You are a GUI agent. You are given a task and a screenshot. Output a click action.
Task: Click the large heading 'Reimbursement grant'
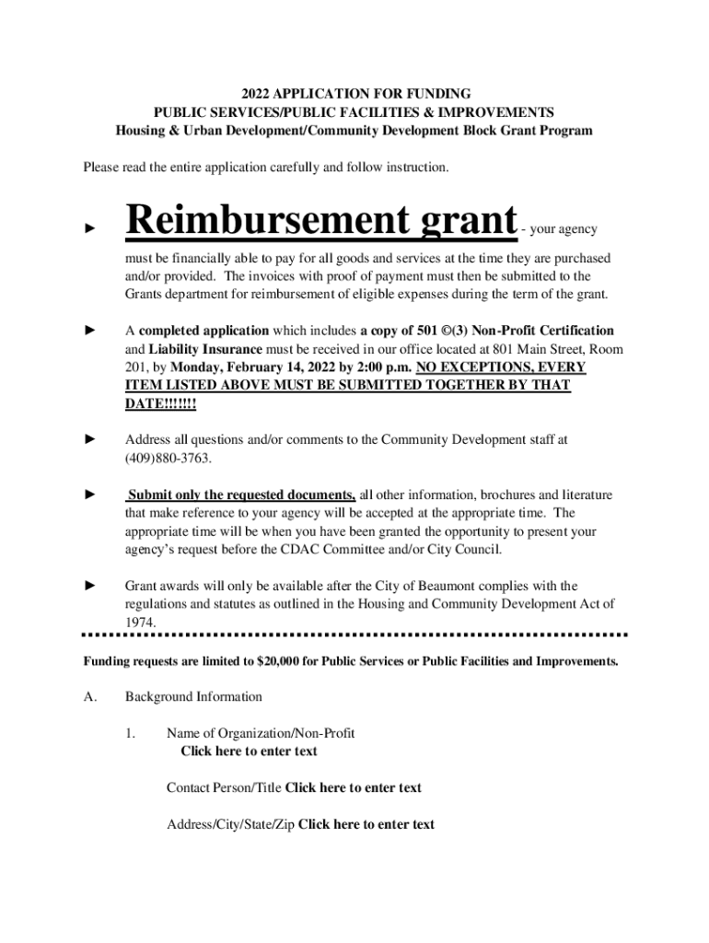(x=321, y=221)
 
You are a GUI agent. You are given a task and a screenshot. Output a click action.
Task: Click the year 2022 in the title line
(x=257, y=94)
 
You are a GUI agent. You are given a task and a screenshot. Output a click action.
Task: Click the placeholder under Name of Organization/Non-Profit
(x=249, y=751)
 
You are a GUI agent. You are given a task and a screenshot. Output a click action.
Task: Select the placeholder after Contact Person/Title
(x=354, y=787)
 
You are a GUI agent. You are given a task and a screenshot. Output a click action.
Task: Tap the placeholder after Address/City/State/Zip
(x=366, y=824)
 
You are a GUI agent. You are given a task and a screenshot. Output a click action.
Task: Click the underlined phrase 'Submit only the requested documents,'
(x=241, y=495)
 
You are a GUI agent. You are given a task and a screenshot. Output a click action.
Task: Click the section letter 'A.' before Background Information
(x=90, y=697)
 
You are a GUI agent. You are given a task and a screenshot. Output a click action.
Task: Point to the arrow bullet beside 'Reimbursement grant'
(x=90, y=226)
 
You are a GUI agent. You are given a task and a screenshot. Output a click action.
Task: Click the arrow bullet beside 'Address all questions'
(x=90, y=440)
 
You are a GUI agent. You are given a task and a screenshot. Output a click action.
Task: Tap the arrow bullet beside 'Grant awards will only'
(x=90, y=586)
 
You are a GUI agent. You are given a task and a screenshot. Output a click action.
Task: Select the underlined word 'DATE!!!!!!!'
(x=160, y=404)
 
